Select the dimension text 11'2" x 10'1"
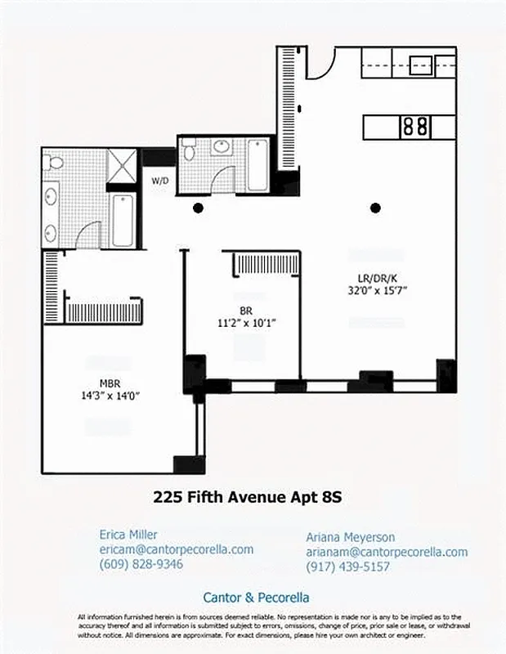(x=247, y=322)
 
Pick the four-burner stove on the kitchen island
(x=414, y=127)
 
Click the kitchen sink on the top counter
(x=421, y=64)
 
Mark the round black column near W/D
(x=198, y=208)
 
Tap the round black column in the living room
(x=375, y=208)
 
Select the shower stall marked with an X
(x=123, y=166)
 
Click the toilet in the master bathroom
(x=54, y=163)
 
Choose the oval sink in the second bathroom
(x=222, y=148)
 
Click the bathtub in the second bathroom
(x=257, y=163)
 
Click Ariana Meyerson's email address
(x=387, y=552)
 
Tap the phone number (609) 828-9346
(x=141, y=564)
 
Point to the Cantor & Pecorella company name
(x=256, y=598)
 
